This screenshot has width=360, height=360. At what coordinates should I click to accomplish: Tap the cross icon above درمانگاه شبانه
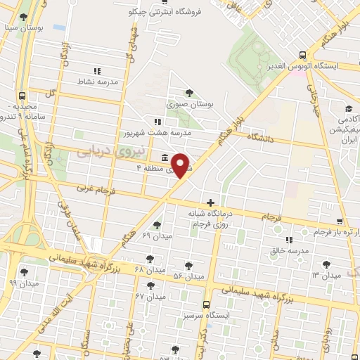[210, 202]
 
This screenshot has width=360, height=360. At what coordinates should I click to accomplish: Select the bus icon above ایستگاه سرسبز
[206, 305]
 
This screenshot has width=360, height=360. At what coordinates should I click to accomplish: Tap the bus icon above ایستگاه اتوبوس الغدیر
[302, 54]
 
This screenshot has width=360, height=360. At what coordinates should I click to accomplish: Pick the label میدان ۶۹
[156, 235]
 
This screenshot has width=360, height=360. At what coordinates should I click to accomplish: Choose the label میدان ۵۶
[188, 276]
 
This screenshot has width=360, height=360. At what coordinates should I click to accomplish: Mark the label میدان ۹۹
[22, 283]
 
